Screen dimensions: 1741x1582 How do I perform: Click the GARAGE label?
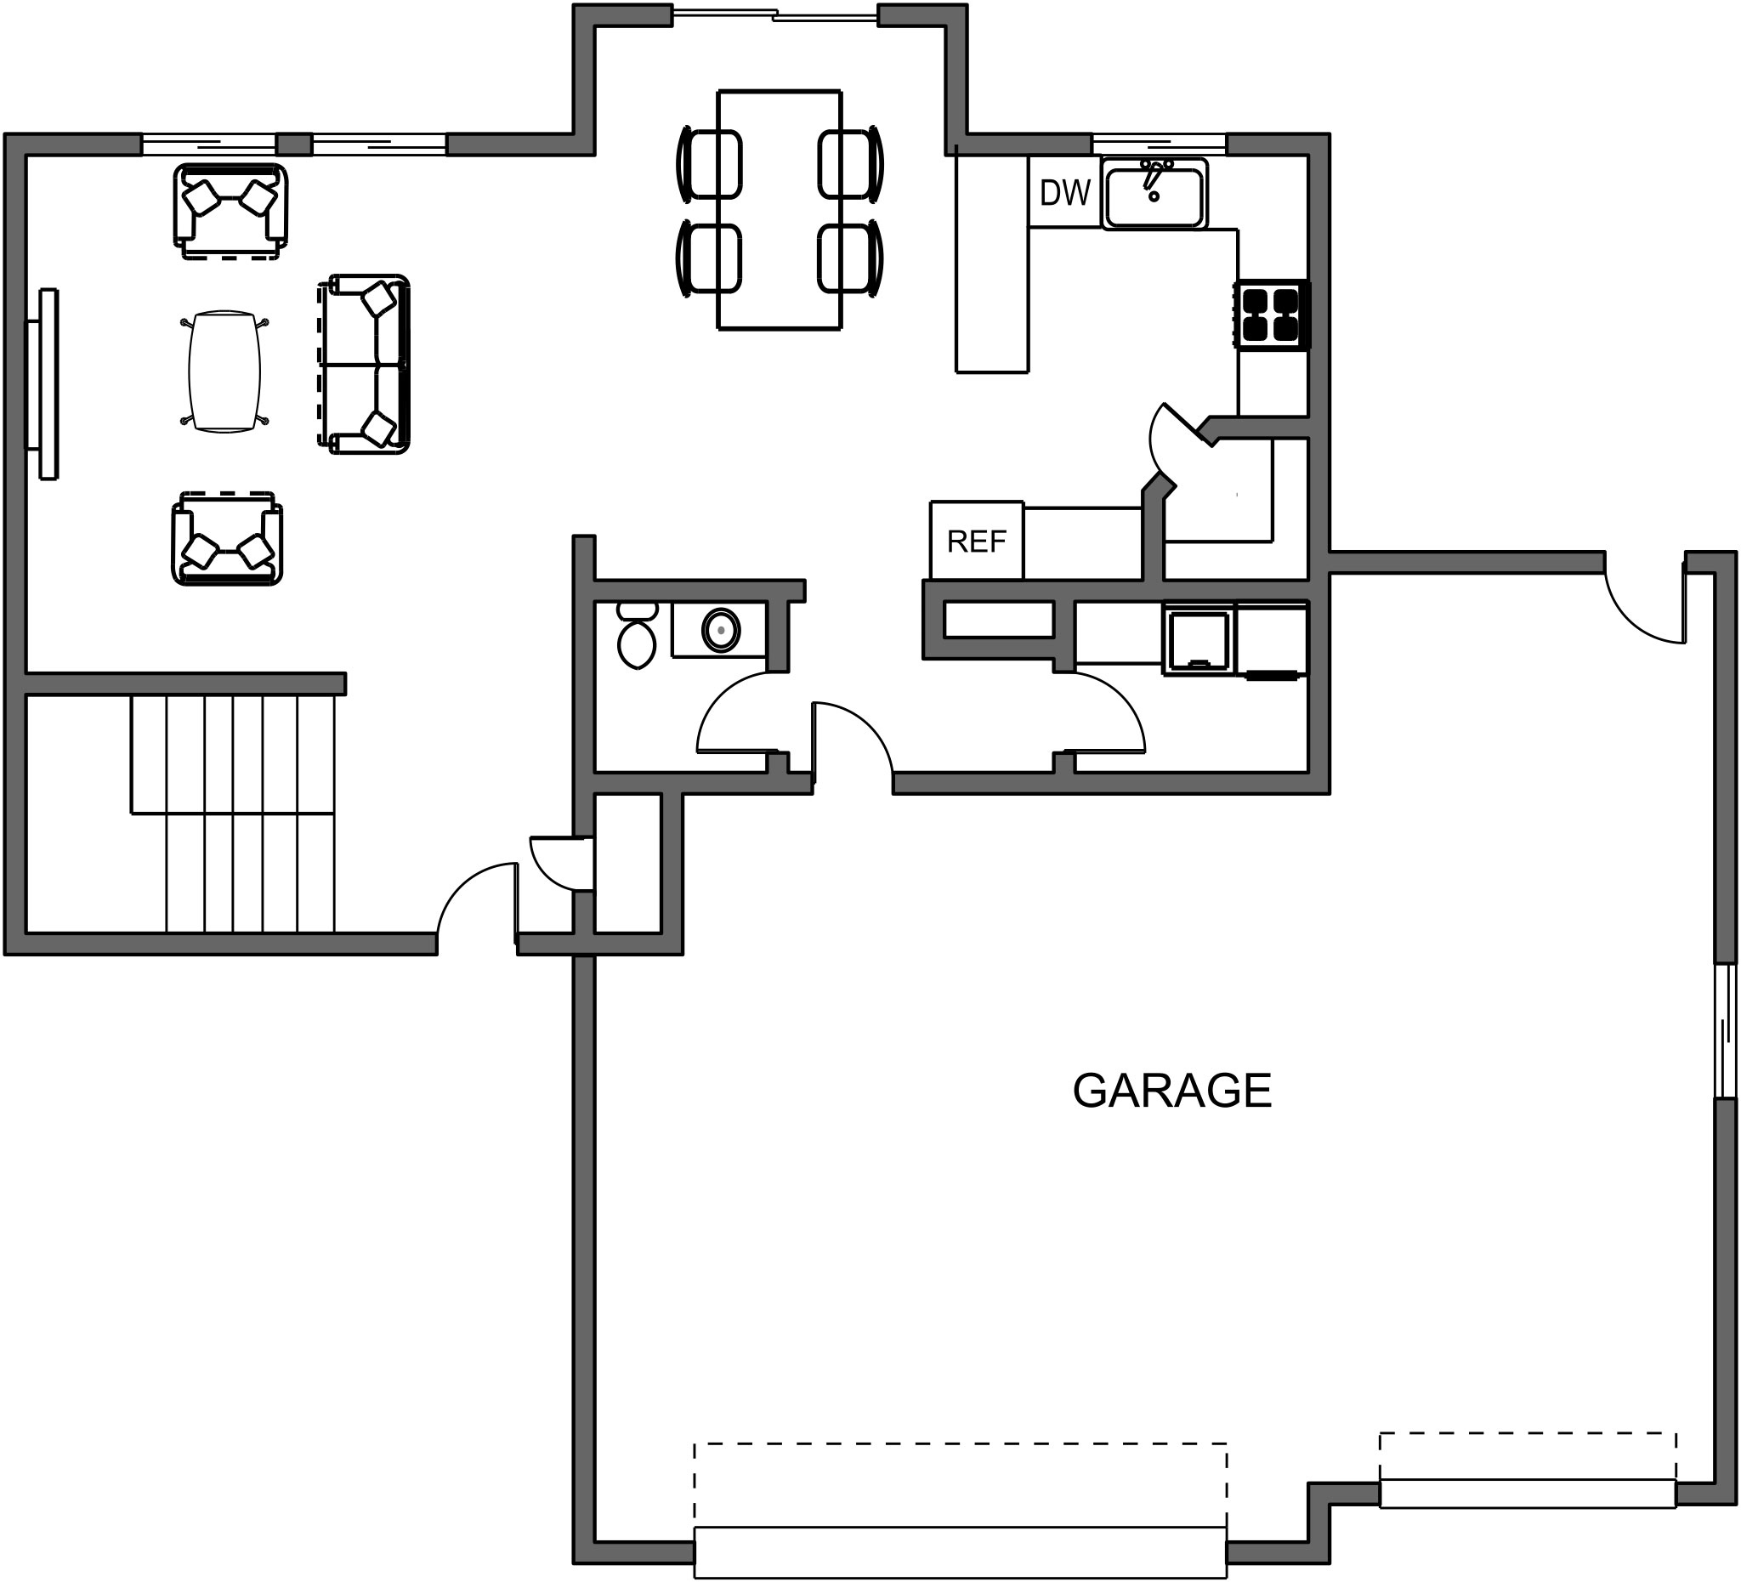pyautogui.click(x=1172, y=1091)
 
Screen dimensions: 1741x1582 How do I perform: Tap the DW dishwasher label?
pyautogui.click(x=1065, y=193)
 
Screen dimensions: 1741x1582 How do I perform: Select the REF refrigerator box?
pyautogui.click(x=977, y=541)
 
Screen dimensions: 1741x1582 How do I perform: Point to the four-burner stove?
pyautogui.click(x=1272, y=315)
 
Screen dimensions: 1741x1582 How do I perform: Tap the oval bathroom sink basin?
pyautogui.click(x=721, y=631)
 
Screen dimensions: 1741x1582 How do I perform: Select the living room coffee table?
pyautogui.click(x=224, y=371)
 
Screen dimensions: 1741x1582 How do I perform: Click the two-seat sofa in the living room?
pyautogui.click(x=364, y=365)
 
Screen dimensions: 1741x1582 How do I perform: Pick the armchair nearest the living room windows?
pyautogui.click(x=230, y=211)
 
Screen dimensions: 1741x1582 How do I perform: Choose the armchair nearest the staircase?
pyautogui.click(x=227, y=539)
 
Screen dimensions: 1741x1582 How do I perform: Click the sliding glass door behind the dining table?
pyautogui.click(x=774, y=14)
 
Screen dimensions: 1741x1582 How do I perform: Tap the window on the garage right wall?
pyautogui.click(x=1726, y=1031)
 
